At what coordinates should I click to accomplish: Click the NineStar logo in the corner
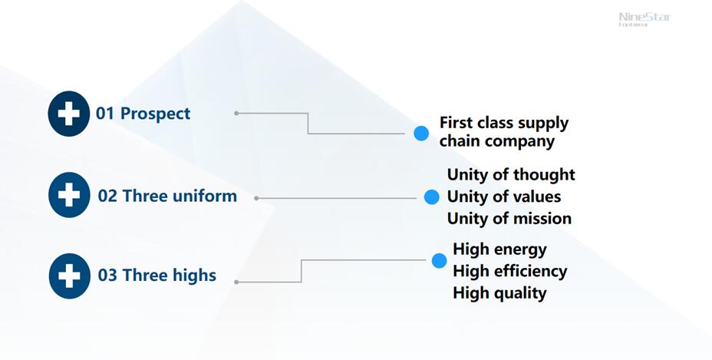point(644,18)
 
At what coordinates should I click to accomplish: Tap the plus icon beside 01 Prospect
point(68,114)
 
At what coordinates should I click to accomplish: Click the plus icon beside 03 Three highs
point(69,275)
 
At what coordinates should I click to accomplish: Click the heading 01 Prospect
point(143,114)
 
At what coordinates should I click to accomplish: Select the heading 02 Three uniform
point(167,196)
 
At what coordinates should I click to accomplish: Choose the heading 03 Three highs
point(157,275)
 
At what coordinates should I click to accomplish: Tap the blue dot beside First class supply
point(421,134)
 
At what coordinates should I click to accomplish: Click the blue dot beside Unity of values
point(431,197)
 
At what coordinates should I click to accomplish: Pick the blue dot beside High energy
point(439,261)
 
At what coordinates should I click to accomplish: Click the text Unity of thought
point(511,175)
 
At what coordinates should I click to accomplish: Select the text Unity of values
point(504,197)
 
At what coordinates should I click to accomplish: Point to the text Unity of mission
point(509,219)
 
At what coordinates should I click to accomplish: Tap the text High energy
point(499,249)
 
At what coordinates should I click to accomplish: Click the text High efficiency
point(509,271)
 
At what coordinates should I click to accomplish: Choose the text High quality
point(499,292)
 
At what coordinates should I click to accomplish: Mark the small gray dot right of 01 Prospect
point(236,113)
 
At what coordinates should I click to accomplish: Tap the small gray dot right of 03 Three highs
point(236,282)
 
